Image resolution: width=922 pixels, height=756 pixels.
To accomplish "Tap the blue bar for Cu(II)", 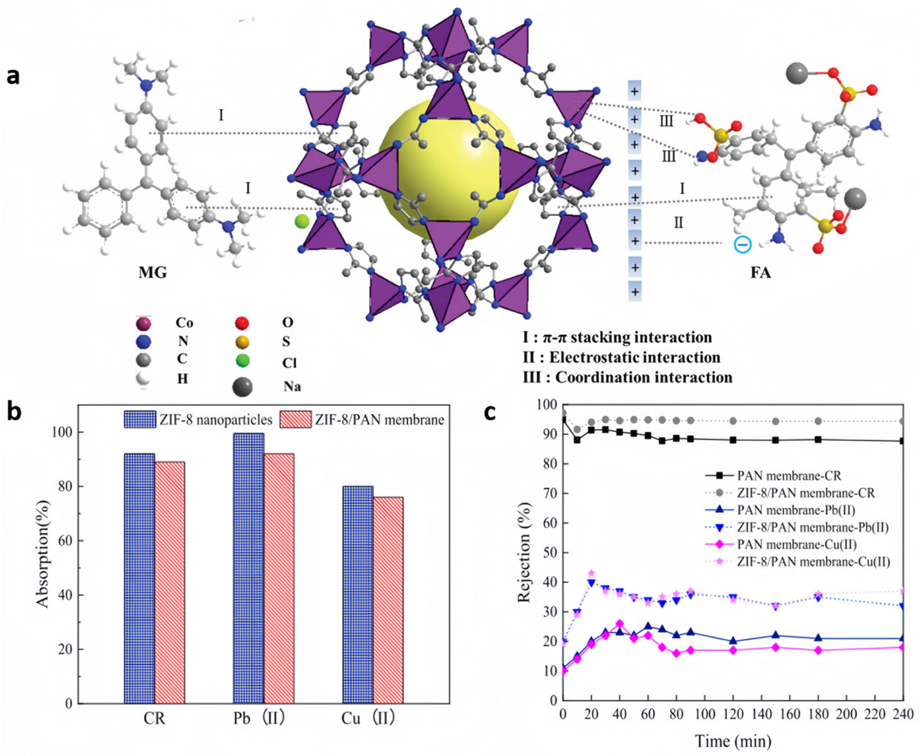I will (x=358, y=594).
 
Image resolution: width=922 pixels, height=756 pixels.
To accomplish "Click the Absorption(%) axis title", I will (x=44, y=553).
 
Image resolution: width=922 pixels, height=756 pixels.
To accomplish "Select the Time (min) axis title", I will (x=733, y=741).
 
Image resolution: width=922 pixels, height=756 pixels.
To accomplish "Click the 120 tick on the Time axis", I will (x=733, y=714).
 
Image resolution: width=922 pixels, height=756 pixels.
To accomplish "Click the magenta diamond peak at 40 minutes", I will (x=620, y=624).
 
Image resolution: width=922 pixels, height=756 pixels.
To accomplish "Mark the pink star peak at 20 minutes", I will (x=592, y=574).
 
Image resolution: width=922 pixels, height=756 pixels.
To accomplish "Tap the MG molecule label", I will (x=152, y=273).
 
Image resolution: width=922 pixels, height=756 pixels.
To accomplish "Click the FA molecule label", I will (x=760, y=273).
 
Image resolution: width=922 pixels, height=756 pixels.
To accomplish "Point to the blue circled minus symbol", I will (x=742, y=244).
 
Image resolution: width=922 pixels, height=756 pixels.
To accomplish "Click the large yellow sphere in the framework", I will (x=449, y=170).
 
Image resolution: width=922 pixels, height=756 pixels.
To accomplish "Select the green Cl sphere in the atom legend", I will (x=242, y=361).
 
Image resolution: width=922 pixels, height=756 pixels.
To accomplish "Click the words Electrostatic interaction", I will (x=635, y=358).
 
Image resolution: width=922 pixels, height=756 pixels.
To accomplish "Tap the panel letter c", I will (x=490, y=412).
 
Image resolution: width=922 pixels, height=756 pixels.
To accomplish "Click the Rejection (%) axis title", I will (x=525, y=553).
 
